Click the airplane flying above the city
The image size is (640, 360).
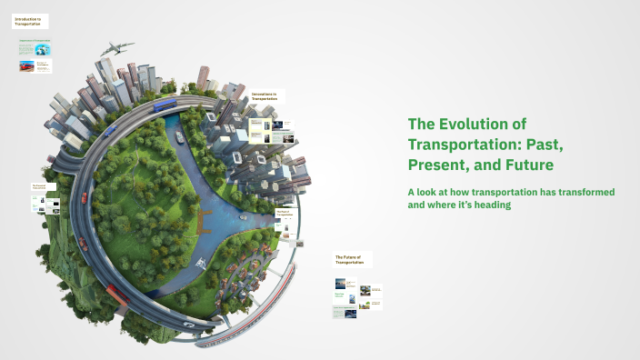(118, 48)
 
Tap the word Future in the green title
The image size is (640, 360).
(524, 166)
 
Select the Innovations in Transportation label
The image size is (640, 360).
(267, 96)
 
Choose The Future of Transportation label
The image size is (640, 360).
(352, 259)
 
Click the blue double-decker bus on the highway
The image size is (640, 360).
(165, 105)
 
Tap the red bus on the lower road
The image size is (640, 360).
(116, 294)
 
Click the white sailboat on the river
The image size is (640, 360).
(201, 265)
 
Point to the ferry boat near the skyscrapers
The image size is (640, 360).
(179, 139)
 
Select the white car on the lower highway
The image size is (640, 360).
(188, 324)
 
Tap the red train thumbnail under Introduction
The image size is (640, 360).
(26, 65)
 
